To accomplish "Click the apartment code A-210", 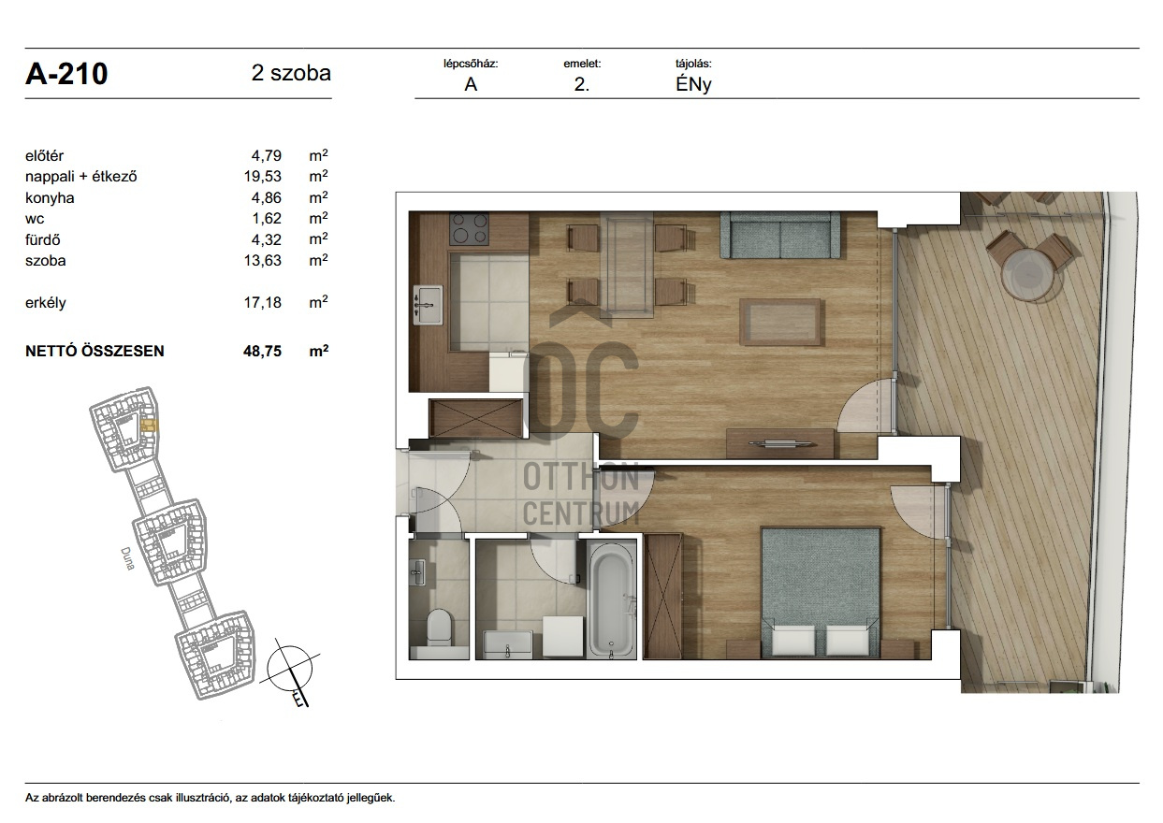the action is pyautogui.click(x=66, y=74).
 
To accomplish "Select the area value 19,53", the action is pyautogui.click(x=263, y=177).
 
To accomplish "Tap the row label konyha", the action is pyautogui.click(x=50, y=197).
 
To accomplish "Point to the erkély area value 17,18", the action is pyautogui.click(x=263, y=302).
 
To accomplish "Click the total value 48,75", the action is pyautogui.click(x=262, y=352).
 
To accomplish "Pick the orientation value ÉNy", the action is pyautogui.click(x=693, y=84).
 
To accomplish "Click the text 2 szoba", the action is pyautogui.click(x=291, y=73).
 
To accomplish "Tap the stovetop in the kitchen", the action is pyautogui.click(x=470, y=228).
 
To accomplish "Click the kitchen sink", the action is pyautogui.click(x=428, y=305).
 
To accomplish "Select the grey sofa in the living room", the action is pyautogui.click(x=779, y=235).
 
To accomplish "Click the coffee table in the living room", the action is pyautogui.click(x=780, y=322).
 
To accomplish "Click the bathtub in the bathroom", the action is pyautogui.click(x=612, y=599).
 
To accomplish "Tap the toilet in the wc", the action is pyautogui.click(x=439, y=627).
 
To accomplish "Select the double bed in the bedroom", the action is pyautogui.click(x=821, y=593).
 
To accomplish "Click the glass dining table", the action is pyautogui.click(x=627, y=265).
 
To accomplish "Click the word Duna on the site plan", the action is pyautogui.click(x=128, y=558).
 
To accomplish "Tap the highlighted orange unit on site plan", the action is pyautogui.click(x=149, y=426).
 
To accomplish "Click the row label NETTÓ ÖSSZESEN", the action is pyautogui.click(x=94, y=352).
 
